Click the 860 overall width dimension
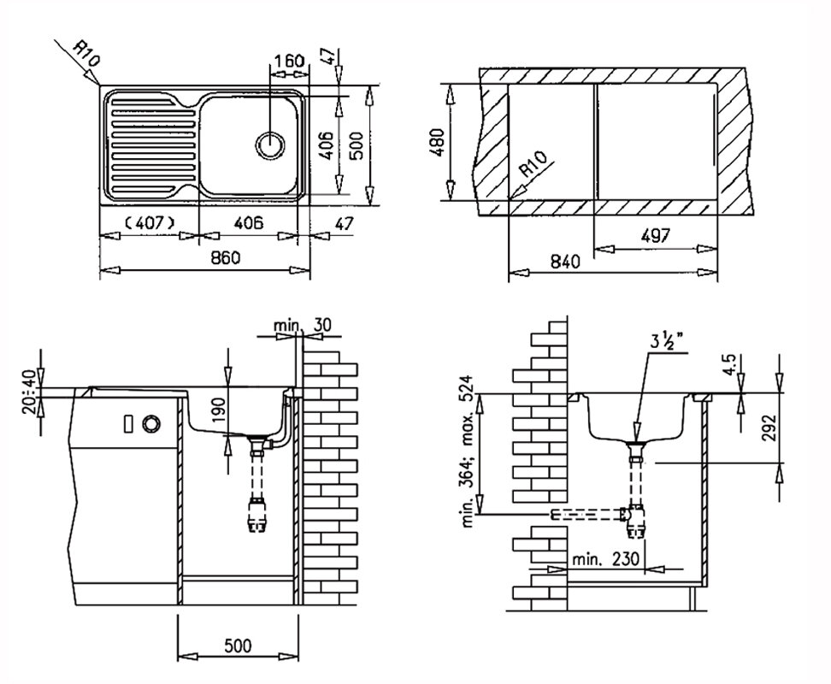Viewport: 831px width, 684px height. pos(225,258)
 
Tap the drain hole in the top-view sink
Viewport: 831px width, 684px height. pos(270,144)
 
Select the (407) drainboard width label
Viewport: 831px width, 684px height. pos(149,223)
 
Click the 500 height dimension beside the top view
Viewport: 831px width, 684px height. pos(357,145)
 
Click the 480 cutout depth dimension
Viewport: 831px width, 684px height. pos(438,142)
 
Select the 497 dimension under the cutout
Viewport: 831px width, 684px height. pos(655,235)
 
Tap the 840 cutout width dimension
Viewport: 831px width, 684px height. pos(565,261)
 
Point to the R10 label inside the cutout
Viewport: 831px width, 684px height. pos(533,163)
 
